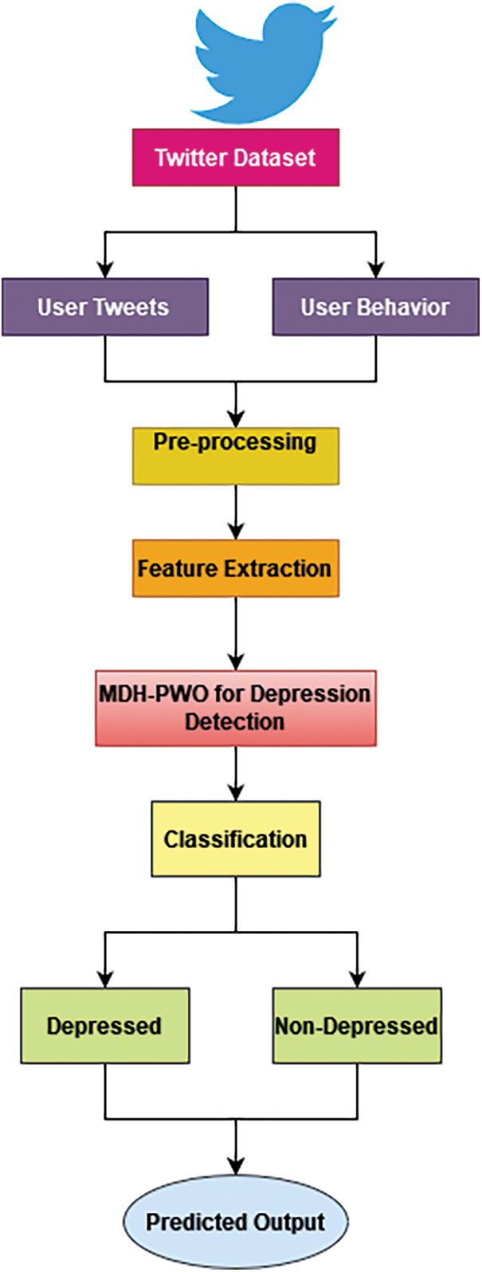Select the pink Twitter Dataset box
click(236, 157)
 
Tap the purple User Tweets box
click(104, 307)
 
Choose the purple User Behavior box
click(375, 307)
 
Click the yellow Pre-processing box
click(236, 456)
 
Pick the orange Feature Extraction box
click(236, 568)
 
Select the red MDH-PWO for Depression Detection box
click(236, 708)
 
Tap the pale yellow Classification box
click(236, 839)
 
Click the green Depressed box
click(104, 1026)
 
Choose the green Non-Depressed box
click(356, 1026)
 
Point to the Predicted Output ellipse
click(236, 1223)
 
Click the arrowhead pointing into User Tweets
click(104, 269)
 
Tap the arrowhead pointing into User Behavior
click(375, 269)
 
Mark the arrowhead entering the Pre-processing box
click(236, 418)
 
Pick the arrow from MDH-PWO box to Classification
click(236, 774)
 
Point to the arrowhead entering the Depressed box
click(104, 978)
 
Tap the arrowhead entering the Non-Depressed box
click(356, 978)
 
